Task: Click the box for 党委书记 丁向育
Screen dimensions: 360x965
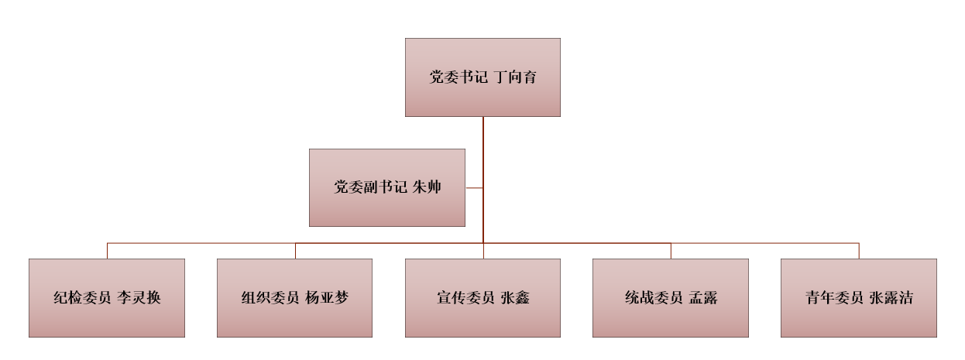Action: coord(482,58)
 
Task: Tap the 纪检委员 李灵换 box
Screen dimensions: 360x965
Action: coord(107,317)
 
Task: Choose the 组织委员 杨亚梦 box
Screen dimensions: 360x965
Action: coord(294,317)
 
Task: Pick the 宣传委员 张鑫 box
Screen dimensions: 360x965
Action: coord(482,317)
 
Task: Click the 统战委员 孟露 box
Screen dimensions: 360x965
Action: coord(671,317)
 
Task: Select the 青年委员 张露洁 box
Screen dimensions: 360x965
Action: coord(858,317)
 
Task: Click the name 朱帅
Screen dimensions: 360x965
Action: coord(427,187)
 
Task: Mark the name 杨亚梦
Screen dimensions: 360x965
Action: coord(327,297)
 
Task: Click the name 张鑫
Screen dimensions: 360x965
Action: coord(515,297)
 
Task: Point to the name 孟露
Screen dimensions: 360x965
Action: coord(703,297)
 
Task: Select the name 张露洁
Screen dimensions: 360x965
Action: coord(891,297)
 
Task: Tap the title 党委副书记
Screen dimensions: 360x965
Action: coord(370,187)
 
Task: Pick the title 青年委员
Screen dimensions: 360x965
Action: coord(834,297)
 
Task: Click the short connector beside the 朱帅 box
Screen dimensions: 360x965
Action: coord(474,187)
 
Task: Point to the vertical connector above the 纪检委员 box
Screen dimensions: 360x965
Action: coord(107,251)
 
